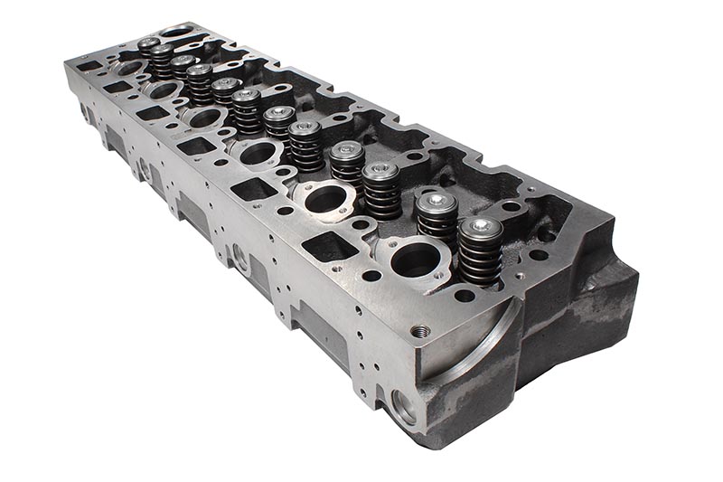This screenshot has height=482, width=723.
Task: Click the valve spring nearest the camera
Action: (480, 254)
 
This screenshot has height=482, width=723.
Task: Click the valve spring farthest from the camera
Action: (148, 49)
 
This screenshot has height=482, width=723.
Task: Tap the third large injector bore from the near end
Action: (258, 153)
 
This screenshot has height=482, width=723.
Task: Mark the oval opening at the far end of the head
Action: (176, 32)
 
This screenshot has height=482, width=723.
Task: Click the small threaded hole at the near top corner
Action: (418, 332)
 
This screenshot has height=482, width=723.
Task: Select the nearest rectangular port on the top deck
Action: (326, 246)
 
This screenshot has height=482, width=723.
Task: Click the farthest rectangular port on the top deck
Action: (89, 66)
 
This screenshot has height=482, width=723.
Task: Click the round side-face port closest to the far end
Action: (87, 114)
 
